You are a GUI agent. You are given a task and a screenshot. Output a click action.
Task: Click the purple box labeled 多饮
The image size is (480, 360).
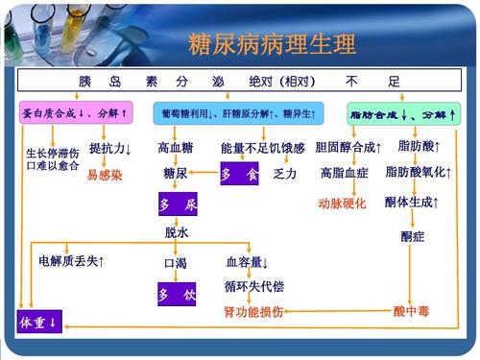click(177, 293)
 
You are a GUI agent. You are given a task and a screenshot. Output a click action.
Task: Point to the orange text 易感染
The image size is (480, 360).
click(105, 175)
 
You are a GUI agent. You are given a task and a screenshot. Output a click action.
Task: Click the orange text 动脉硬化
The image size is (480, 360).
click(342, 204)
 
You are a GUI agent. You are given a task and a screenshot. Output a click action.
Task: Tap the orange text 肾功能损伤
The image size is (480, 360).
click(254, 312)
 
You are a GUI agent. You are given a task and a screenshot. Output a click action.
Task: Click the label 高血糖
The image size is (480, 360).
click(176, 148)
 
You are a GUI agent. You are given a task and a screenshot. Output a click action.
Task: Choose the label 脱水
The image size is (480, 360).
click(177, 232)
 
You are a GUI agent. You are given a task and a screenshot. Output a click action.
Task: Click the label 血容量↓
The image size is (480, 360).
click(248, 261)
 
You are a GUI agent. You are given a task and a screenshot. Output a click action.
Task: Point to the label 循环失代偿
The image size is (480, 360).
click(254, 286)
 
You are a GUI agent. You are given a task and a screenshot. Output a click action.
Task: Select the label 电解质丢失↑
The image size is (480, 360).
click(72, 261)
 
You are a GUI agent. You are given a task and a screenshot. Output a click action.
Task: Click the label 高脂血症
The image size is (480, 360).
click(345, 174)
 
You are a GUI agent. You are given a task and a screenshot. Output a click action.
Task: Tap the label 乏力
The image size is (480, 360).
click(285, 174)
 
